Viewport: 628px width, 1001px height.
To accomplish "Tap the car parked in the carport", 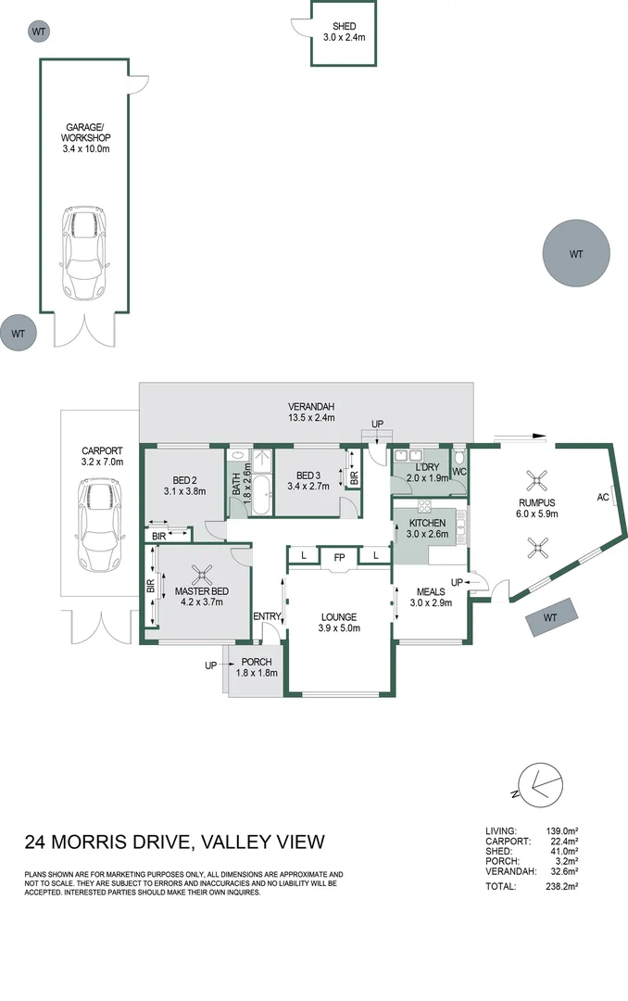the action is tap(98, 525).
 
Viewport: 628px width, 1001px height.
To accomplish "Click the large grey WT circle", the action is tap(576, 253).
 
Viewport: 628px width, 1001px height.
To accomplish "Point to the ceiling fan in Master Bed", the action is tap(197, 576).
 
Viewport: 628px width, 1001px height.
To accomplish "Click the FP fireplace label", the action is tap(339, 558).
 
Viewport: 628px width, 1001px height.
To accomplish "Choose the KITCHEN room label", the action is tap(427, 523).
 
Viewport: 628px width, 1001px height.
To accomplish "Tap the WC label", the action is tap(459, 472).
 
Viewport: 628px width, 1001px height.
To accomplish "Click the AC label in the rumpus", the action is tap(603, 497).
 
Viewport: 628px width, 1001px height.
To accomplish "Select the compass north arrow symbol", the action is tap(537, 784).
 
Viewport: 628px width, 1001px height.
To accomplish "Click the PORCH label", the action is tap(256, 662).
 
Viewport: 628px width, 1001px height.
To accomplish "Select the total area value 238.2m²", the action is tap(560, 887).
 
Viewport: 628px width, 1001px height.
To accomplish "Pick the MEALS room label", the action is tap(431, 591).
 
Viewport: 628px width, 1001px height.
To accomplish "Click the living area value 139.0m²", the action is tap(560, 830).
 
